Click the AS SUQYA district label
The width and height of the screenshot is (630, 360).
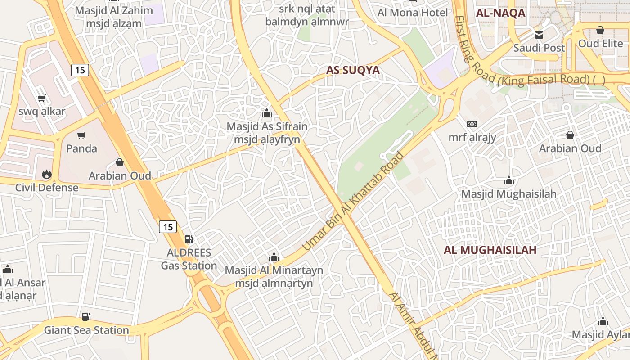353,70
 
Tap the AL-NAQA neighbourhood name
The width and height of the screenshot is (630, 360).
500,13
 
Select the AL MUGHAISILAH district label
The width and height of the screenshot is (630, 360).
490,250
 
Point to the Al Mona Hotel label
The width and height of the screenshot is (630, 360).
413,13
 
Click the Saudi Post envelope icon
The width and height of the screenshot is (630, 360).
539,35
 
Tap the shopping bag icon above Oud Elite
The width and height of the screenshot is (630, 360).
600,31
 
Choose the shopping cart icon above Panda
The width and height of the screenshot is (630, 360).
81,136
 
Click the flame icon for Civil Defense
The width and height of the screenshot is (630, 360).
46,175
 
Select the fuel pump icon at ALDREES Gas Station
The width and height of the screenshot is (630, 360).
189,239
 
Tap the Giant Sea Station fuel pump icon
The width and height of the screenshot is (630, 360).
86,317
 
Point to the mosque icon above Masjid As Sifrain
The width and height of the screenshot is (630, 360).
267,113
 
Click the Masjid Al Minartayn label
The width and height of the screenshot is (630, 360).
274,270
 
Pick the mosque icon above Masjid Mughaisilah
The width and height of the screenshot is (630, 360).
509,181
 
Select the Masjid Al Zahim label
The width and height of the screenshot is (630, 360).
108,10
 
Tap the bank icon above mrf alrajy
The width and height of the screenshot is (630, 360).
472,124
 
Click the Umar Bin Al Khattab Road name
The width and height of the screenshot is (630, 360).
353,202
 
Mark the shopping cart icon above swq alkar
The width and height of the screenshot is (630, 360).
42,99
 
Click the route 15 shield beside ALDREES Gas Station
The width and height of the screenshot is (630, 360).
168,227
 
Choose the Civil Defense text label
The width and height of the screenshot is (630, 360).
47,188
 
